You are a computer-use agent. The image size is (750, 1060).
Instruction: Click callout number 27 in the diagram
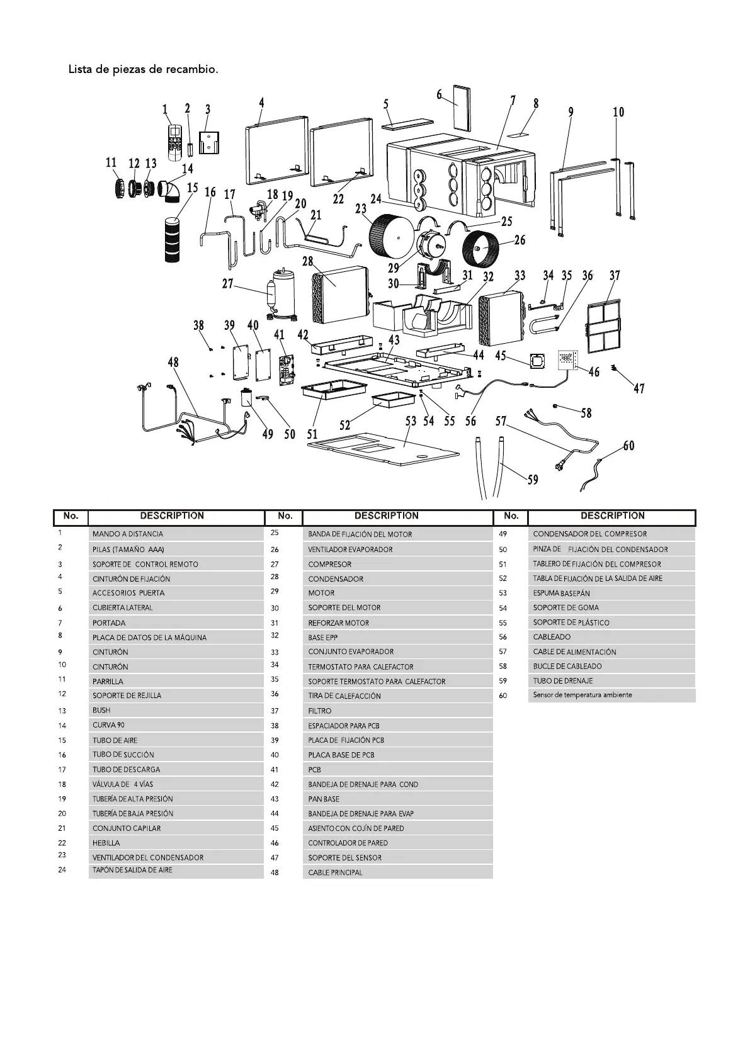tap(228, 284)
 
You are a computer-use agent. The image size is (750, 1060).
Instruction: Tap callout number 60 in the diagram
tap(628, 446)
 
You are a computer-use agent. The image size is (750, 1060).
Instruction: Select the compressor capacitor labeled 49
tap(247, 399)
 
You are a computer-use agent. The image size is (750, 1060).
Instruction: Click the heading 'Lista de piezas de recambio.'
tap(144, 69)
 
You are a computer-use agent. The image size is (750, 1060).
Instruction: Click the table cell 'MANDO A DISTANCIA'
tap(176, 534)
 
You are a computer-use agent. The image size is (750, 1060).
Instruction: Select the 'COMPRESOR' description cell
tap(397, 564)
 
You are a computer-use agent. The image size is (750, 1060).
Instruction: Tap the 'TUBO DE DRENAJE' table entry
tap(611, 680)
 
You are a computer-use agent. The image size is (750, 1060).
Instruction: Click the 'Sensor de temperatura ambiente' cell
tap(611, 695)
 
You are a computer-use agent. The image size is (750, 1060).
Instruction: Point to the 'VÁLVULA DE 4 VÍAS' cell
tap(176, 784)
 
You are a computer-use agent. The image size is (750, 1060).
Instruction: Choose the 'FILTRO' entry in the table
tap(397, 711)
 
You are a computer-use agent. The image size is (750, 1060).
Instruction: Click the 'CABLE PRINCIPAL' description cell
tap(397, 872)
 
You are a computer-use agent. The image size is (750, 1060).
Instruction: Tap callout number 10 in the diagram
tap(618, 112)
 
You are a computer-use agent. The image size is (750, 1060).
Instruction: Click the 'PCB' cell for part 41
tap(397, 769)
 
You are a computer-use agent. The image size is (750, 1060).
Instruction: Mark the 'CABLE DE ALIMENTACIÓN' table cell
tap(611, 651)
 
